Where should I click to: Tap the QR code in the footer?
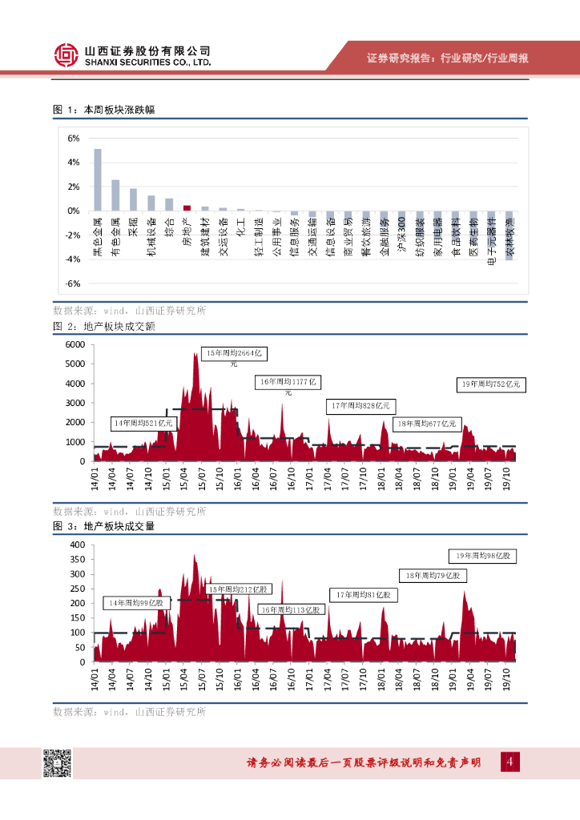click(x=57, y=763)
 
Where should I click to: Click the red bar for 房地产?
click(x=187, y=207)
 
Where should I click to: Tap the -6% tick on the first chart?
click(x=73, y=283)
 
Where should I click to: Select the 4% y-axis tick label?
click(x=74, y=163)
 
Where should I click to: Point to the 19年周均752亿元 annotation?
click(x=489, y=384)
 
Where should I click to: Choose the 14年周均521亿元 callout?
click(x=143, y=422)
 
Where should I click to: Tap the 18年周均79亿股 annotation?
click(x=431, y=575)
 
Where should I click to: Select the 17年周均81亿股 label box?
click(x=363, y=595)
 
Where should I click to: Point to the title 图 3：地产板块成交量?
click(x=103, y=526)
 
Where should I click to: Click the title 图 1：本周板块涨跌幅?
click(x=103, y=110)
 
